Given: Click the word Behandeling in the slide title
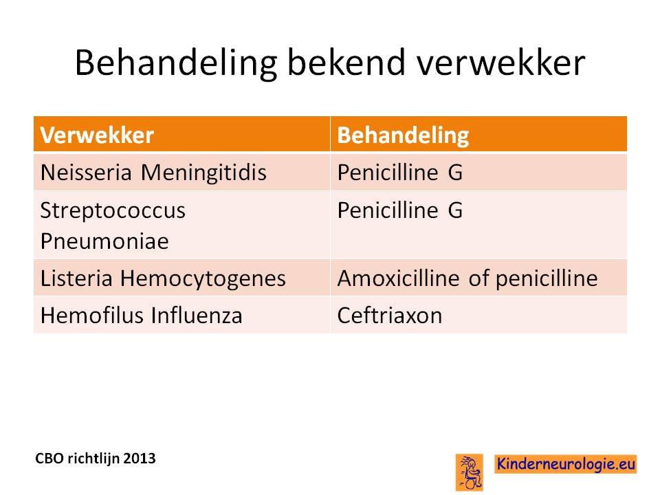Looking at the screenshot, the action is click(x=176, y=63).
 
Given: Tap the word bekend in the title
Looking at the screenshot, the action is click(x=346, y=63).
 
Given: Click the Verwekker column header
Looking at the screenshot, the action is click(x=97, y=135).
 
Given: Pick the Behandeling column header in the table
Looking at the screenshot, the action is click(x=403, y=136).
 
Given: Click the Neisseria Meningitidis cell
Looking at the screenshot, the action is click(x=153, y=172).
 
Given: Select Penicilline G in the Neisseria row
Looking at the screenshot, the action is click(x=400, y=172).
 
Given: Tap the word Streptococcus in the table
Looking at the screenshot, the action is click(x=113, y=210).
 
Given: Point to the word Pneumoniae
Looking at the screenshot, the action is click(x=104, y=241).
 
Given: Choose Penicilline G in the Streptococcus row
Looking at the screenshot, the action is click(x=400, y=210).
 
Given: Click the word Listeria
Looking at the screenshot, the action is click(x=76, y=278).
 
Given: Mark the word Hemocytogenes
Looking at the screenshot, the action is click(x=203, y=279).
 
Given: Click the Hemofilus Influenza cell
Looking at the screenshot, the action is click(x=142, y=316).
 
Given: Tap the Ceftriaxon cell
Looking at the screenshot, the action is click(x=390, y=316).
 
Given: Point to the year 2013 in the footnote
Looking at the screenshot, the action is click(x=140, y=458).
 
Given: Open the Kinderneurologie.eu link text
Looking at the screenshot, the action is click(x=566, y=464).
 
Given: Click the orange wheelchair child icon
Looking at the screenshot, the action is click(x=470, y=472).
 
